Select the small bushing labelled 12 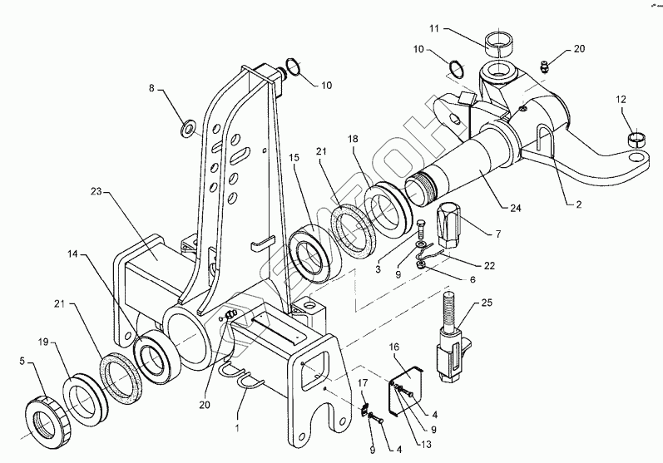[636, 136]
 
